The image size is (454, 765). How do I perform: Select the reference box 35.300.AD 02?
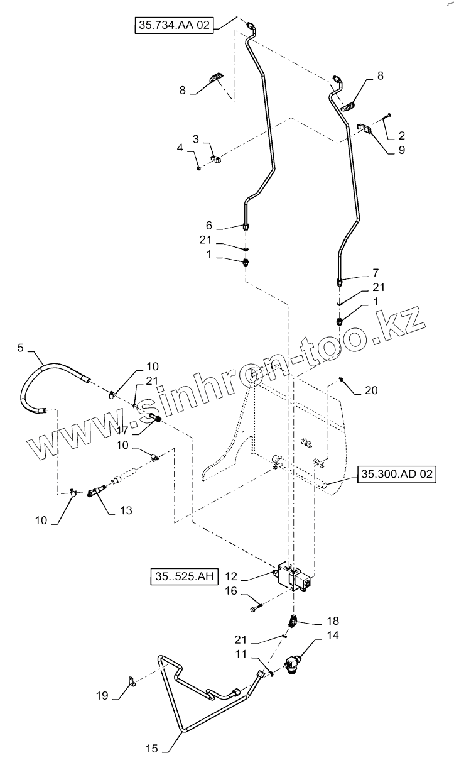click(396, 475)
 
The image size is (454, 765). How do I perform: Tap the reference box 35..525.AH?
click(183, 576)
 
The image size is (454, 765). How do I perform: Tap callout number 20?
click(372, 391)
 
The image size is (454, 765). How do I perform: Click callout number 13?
click(126, 511)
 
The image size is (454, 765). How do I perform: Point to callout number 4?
click(180, 148)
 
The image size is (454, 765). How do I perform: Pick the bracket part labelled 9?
click(365, 129)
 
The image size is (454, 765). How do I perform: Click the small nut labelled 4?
click(198, 167)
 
